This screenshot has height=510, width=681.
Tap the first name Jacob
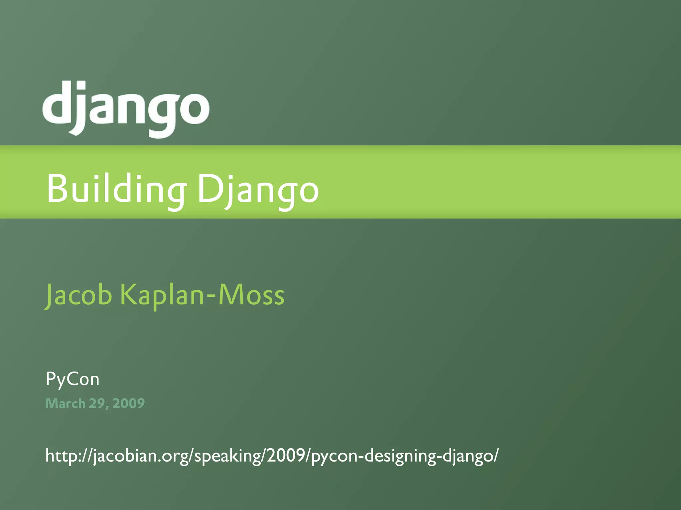78,294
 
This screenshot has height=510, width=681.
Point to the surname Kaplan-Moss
202,294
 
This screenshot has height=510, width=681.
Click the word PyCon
72,379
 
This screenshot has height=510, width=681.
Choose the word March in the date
65,403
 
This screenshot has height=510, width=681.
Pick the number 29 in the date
97,403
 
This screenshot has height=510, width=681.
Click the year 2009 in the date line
128,403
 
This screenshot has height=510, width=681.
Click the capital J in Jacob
49,295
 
